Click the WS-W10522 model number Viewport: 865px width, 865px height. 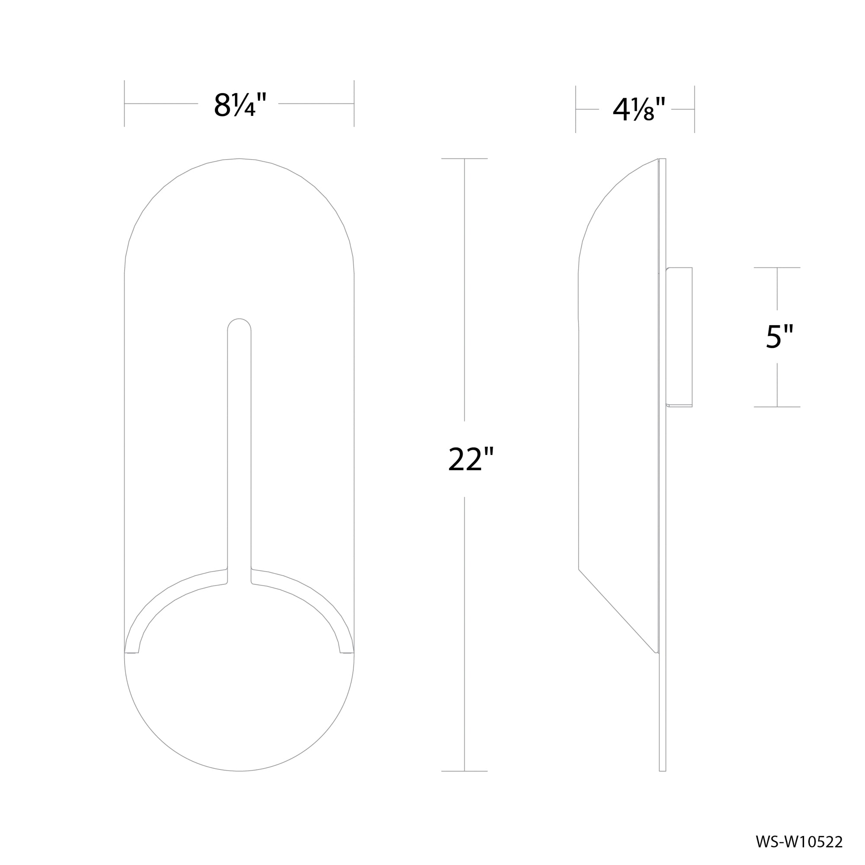click(x=799, y=842)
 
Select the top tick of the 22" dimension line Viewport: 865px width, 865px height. click(x=464, y=158)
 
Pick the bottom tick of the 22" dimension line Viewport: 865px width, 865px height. click(x=464, y=771)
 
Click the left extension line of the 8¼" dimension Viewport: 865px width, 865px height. click(x=125, y=104)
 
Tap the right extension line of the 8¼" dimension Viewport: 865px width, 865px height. click(x=354, y=104)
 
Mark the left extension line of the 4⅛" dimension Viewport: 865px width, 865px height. click(x=576, y=109)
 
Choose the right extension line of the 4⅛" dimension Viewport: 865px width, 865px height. click(x=695, y=109)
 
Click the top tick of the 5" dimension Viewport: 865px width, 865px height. click(x=777, y=268)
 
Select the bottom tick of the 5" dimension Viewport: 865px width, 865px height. click(x=777, y=407)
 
